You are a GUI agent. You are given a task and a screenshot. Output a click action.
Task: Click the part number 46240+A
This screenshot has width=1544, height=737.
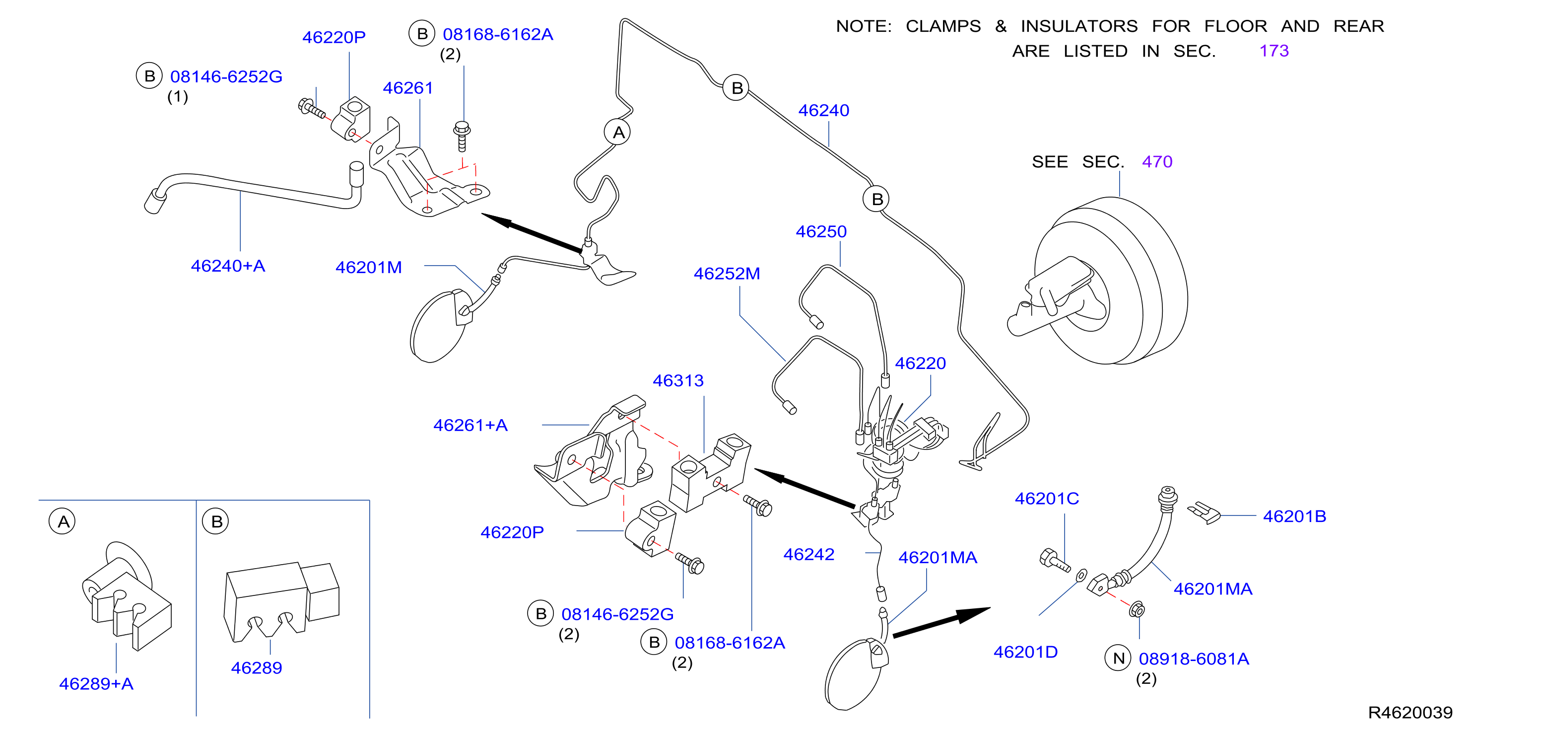pos(228,266)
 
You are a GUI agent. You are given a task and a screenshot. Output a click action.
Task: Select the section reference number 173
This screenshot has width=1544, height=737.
pos(1274,51)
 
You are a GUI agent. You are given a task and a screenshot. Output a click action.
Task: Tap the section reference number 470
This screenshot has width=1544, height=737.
pos(1157,162)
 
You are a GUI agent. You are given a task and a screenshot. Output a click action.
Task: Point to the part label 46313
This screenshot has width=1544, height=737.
pos(678,381)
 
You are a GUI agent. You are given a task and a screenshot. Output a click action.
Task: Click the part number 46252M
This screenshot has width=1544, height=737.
pos(727,274)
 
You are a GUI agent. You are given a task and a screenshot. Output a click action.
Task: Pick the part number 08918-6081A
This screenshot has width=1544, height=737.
pos(1194,659)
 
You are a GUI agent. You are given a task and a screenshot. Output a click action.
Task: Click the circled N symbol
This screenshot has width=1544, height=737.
pos(1118,659)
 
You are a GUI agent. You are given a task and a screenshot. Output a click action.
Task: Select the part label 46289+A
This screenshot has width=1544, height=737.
pos(96,684)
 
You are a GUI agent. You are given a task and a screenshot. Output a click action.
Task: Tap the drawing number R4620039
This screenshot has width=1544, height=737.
pos(1410,712)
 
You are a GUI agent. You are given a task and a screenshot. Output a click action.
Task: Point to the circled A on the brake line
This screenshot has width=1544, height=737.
pos(618,132)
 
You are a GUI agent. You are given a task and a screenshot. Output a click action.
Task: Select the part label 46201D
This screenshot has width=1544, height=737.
pos(1025,653)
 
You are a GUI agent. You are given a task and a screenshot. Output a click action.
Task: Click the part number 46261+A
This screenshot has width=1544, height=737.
pos(470,426)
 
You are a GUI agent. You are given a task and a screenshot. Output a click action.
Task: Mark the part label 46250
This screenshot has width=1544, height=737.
pos(821,232)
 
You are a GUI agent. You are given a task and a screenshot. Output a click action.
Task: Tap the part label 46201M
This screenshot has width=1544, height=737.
pos(369,268)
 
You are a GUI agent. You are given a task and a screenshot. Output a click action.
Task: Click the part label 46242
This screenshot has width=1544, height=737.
pos(808,555)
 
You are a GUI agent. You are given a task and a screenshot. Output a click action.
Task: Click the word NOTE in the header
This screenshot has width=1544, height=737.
pos(864,26)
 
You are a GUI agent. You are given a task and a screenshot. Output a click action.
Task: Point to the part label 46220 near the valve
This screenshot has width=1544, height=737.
pos(920,364)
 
